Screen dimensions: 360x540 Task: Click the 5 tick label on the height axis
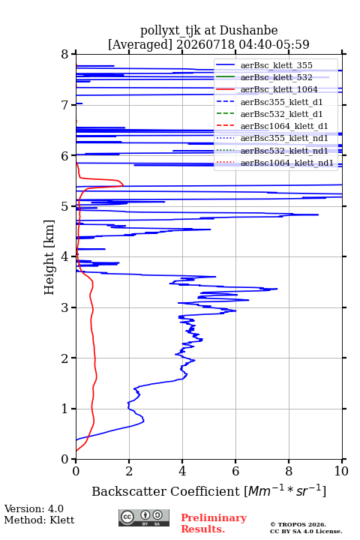[x=65, y=206]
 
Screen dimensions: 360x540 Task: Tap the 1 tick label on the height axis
[x=65, y=409]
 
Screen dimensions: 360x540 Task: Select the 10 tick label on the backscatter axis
[x=341, y=471]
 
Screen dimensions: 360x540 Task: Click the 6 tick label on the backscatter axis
[x=235, y=471]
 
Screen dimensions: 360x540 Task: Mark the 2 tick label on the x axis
[x=129, y=471]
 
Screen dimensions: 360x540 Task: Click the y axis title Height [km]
[x=49, y=257]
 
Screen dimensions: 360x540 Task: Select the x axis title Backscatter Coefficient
[x=166, y=491]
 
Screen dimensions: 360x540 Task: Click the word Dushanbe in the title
[x=248, y=30]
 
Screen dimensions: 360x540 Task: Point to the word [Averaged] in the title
[x=140, y=44]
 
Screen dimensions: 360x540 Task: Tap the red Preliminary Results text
[x=214, y=523]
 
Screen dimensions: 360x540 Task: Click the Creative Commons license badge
[x=144, y=518]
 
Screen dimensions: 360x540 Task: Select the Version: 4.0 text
[x=34, y=508]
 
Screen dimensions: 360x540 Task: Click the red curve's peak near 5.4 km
[x=123, y=185]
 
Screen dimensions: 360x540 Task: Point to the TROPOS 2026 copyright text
[x=298, y=524]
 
